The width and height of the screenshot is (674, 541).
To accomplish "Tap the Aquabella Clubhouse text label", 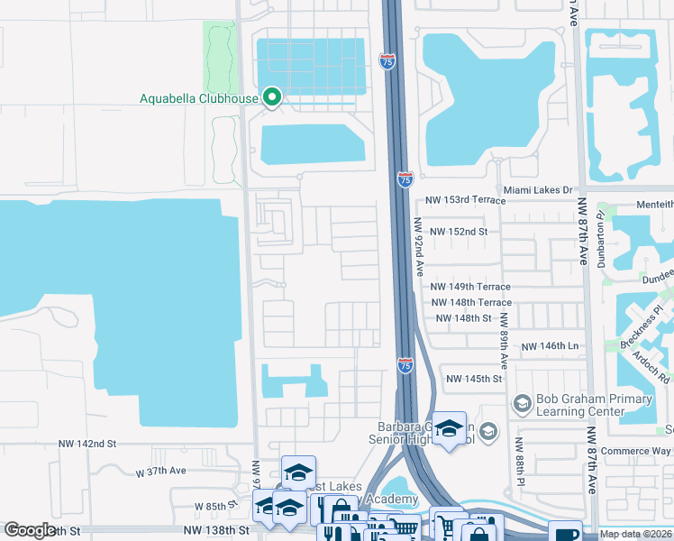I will (198, 98).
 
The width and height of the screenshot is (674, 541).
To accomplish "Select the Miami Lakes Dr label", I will (538, 190).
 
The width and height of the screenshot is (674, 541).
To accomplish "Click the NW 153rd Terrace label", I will (457, 199).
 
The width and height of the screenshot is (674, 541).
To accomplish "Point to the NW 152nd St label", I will (459, 232).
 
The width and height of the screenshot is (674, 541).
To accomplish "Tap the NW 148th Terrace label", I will (471, 303).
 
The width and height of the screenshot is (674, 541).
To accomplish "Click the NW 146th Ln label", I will (549, 346).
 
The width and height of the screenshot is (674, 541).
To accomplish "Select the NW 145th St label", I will (473, 379).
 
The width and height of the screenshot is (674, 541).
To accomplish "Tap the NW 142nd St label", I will (87, 445).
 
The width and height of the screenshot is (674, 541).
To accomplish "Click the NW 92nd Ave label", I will (419, 246).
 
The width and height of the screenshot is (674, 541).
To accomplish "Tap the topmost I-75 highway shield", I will (387, 61).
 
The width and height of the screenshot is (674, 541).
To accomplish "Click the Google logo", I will (30, 530).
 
